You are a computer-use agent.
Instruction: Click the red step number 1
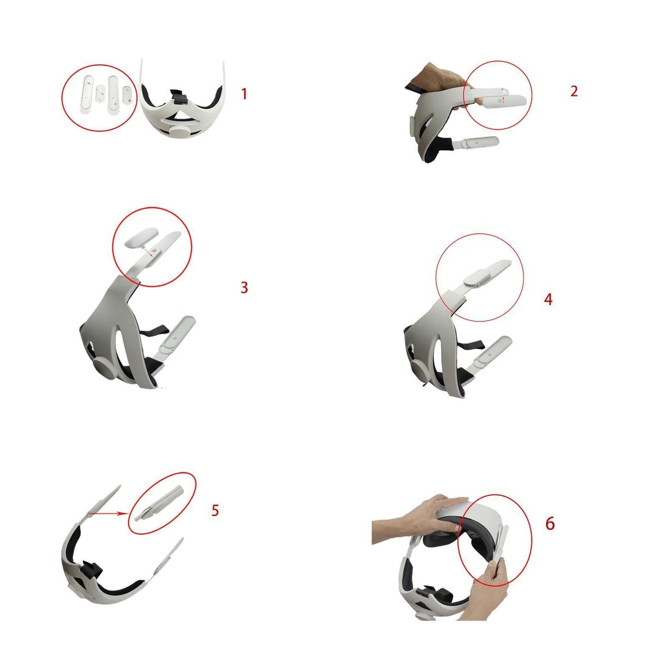tap(244, 94)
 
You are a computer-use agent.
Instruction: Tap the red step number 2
tap(574, 91)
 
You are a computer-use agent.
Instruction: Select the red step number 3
tap(244, 288)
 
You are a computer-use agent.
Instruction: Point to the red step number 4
tap(548, 300)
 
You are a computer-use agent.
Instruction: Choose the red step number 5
tap(215, 510)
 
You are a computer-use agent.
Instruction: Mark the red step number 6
tap(550, 524)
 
